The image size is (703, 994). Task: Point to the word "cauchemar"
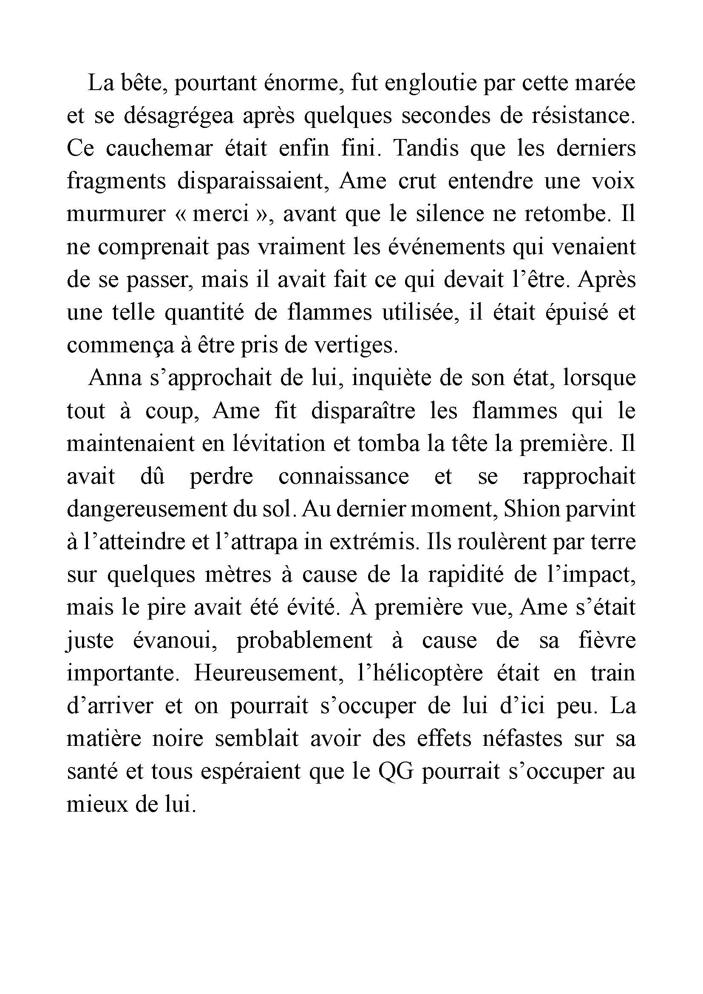pos(159,148)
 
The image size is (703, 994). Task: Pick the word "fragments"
pos(116,181)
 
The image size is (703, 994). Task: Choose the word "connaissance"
pos(343,477)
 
